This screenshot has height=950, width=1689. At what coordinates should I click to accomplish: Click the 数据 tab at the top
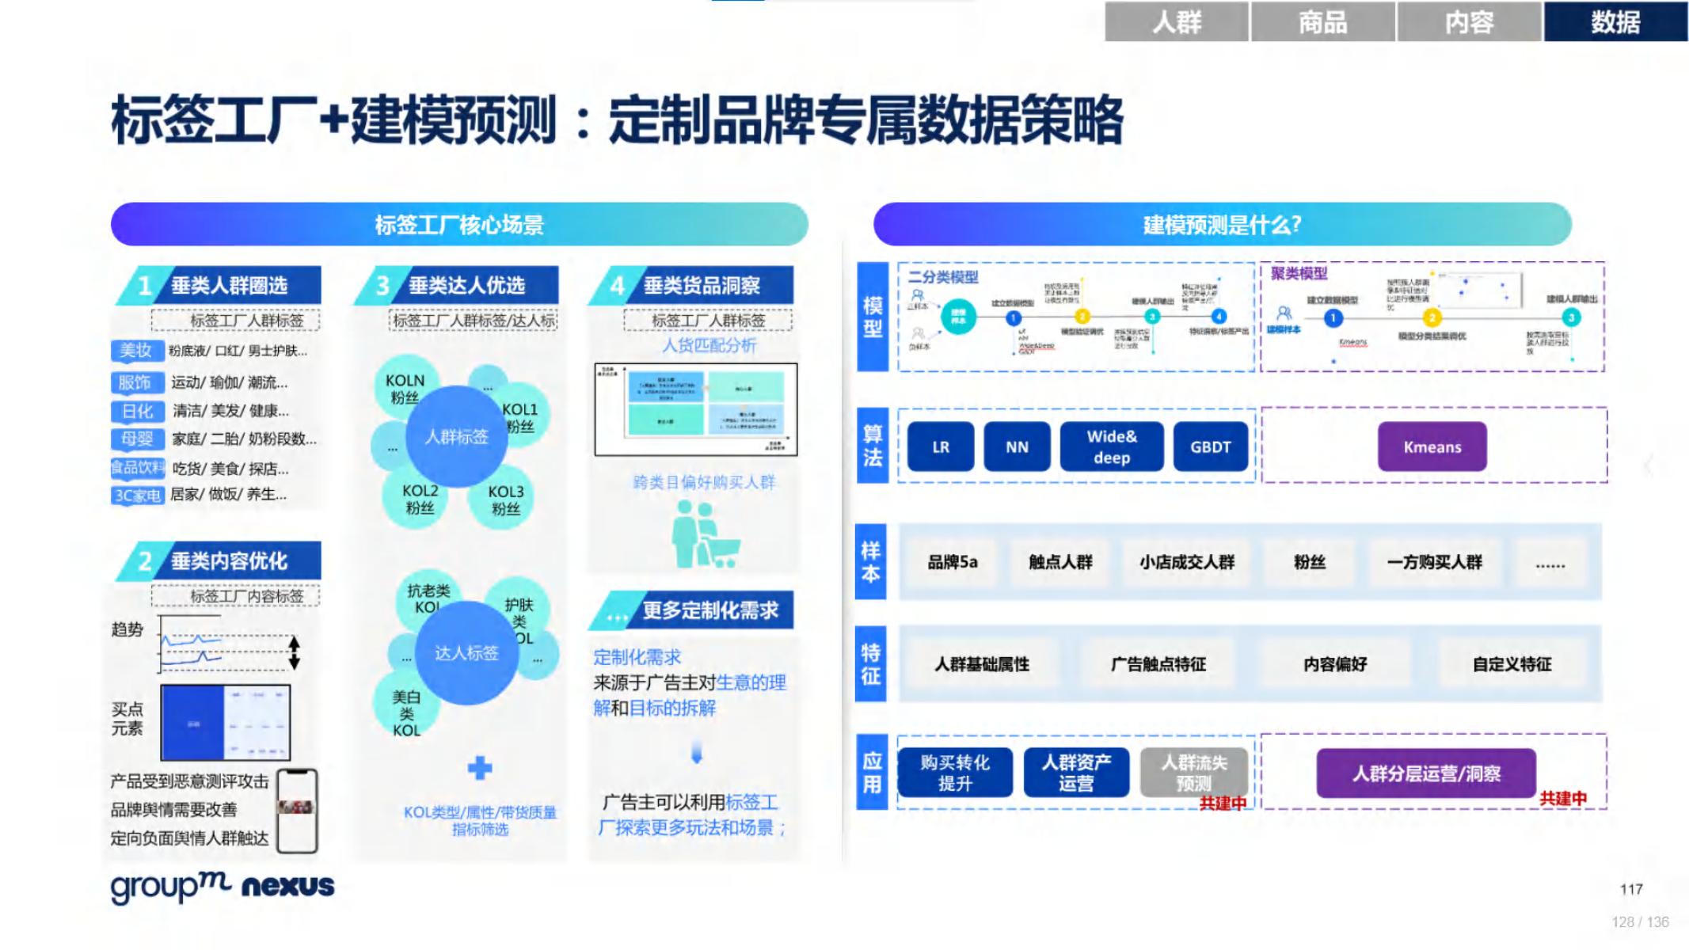click(x=1615, y=21)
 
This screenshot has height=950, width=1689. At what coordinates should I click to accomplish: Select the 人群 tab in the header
click(x=1177, y=21)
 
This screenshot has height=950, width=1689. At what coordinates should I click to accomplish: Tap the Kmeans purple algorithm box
click(x=1432, y=447)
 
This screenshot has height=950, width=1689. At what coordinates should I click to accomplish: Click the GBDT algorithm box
click(x=1210, y=447)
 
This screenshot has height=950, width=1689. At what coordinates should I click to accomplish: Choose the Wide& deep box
click(x=1112, y=447)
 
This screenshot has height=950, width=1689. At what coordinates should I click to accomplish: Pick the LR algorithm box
click(x=940, y=447)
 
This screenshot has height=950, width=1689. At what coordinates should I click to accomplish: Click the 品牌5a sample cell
click(x=953, y=562)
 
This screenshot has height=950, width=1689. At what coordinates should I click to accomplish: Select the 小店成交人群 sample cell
click(x=1186, y=562)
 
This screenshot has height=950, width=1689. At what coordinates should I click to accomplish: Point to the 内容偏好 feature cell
click(x=1335, y=664)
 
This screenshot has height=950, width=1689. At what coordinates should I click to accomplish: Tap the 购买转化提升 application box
click(x=955, y=773)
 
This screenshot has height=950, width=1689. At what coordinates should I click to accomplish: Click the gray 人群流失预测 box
click(x=1193, y=773)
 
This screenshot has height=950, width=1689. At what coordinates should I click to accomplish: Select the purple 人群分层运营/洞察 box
click(x=1426, y=773)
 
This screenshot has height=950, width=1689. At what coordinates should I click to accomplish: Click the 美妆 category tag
click(x=136, y=351)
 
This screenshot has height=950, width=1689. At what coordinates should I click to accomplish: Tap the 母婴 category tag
click(x=137, y=439)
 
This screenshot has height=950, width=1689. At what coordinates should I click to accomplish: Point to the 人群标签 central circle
click(x=456, y=436)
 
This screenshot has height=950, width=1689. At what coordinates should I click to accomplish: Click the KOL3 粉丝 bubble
click(x=505, y=500)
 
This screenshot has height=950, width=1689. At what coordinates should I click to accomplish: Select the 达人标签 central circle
click(x=466, y=653)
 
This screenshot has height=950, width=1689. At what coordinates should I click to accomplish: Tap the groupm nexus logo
click(x=223, y=886)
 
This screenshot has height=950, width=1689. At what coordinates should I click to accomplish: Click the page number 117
click(x=1631, y=889)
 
